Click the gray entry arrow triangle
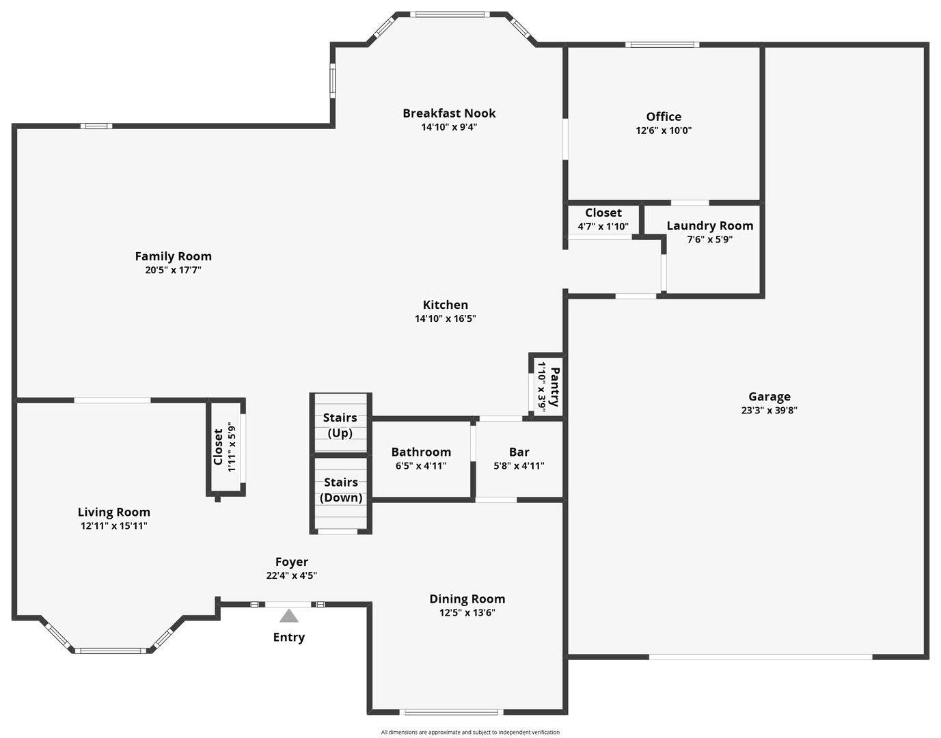(x=289, y=616)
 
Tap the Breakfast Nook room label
(x=449, y=113)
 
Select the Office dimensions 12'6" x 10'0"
(x=664, y=131)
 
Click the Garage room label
(x=769, y=396)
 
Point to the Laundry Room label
(x=709, y=225)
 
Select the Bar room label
(x=519, y=452)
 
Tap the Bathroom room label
(x=421, y=452)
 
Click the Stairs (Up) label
(x=340, y=425)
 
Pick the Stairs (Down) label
(x=341, y=490)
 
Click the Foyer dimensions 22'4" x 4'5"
(x=292, y=575)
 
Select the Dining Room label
(x=467, y=599)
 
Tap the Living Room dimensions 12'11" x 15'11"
(x=114, y=526)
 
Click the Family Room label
(x=173, y=256)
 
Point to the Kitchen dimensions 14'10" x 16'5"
(x=445, y=318)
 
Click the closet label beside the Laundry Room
(x=603, y=213)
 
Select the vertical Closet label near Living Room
(x=218, y=447)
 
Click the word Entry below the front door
(x=289, y=637)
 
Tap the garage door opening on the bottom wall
(x=760, y=657)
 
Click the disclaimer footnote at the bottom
(x=470, y=732)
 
